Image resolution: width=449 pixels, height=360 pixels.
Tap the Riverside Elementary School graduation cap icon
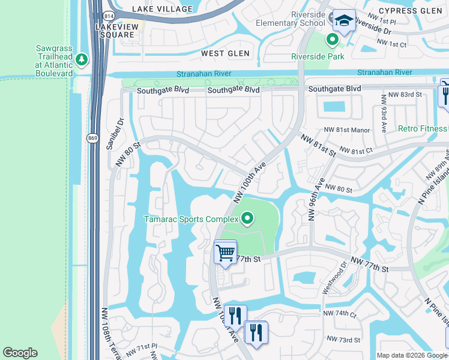[345, 21]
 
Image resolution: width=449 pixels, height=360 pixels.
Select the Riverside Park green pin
[332, 41]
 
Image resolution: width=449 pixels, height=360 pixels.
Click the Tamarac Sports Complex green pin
[246, 218]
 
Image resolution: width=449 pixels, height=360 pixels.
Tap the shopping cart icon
[226, 253]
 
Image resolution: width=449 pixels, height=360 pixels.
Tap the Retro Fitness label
[423, 128]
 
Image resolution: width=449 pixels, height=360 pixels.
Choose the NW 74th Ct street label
[340, 314]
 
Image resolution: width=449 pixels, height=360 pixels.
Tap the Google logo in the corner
[20, 353]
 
